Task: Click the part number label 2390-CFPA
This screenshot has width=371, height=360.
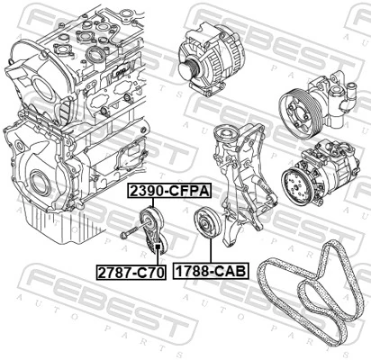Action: [167, 192]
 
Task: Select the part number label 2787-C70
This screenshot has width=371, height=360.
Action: [131, 269]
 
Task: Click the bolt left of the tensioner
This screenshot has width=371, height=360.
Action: [125, 234]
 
